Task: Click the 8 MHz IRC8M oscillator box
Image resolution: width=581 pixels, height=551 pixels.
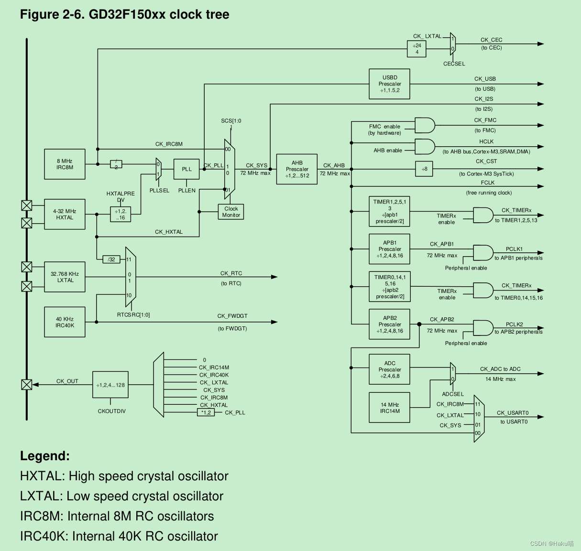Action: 65,164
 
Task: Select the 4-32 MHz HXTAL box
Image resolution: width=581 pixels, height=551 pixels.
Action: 65,215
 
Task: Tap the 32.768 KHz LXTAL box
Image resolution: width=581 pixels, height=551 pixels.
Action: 65,277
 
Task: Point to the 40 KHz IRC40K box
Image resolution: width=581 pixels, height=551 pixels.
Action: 65,322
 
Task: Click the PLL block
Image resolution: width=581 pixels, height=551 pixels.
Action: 186,169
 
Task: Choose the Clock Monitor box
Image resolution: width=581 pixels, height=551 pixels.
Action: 231,212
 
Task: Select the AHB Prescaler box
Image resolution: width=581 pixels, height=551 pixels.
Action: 297,169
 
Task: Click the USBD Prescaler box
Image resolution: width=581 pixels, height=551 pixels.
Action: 389,84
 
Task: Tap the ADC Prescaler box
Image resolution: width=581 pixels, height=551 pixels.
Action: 389,369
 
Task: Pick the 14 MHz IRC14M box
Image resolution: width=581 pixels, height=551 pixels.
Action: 389,408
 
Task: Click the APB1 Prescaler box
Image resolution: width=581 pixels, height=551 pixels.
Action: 389,249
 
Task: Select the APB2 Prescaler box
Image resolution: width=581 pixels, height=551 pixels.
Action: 389,324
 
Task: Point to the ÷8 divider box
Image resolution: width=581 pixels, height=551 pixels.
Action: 424,169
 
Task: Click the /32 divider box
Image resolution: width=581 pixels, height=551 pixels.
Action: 111,259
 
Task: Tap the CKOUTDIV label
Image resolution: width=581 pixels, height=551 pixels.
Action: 111,411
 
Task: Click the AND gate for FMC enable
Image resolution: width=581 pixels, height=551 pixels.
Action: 425,126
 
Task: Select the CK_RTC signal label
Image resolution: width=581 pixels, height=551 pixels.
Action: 231,273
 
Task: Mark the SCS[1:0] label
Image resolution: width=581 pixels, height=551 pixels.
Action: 231,121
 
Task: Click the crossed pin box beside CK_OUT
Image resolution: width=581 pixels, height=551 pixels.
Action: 27,385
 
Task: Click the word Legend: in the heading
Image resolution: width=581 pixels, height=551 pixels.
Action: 45,456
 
